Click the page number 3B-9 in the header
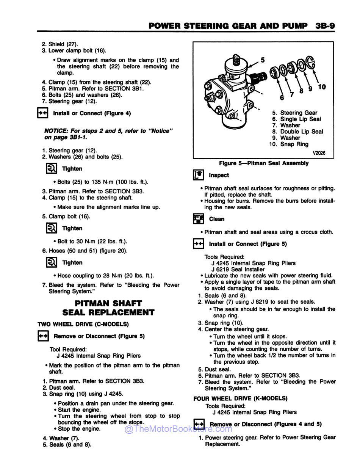coord(325,26)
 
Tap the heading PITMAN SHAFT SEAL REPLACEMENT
coord(108,308)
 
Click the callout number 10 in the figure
coord(321,87)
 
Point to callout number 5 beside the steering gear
coord(263,60)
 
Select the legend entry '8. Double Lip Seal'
coord(297,132)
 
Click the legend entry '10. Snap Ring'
coord(289,144)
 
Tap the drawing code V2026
coord(319,153)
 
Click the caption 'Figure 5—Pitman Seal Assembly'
coord(264,163)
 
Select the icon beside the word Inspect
coord(198,175)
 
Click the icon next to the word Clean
coord(198,219)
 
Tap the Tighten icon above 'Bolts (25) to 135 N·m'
coord(52,169)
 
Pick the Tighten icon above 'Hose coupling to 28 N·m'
coord(52,262)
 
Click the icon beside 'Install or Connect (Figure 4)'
coord(42,113)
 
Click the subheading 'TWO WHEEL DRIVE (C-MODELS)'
coord(83,324)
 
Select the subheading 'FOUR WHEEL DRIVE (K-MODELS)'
coord(240,399)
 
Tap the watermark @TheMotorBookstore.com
coord(178,429)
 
